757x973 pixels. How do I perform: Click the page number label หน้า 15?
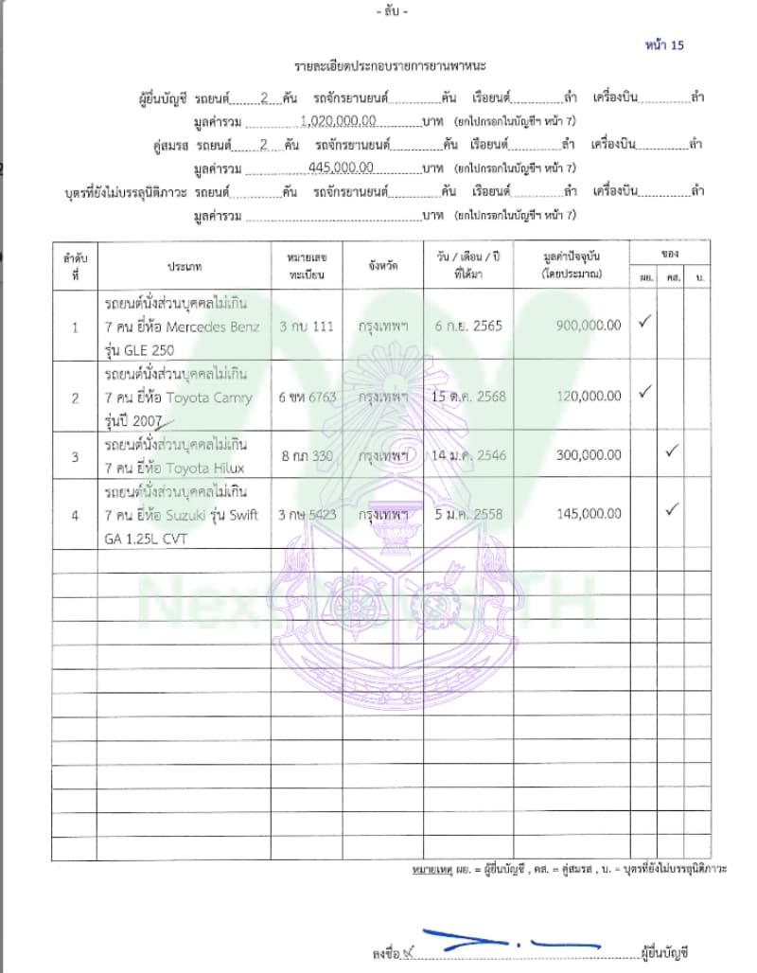(x=662, y=44)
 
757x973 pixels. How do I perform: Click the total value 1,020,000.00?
(x=338, y=121)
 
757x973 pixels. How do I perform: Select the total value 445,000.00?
(x=341, y=168)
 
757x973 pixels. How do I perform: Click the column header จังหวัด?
(x=382, y=266)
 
